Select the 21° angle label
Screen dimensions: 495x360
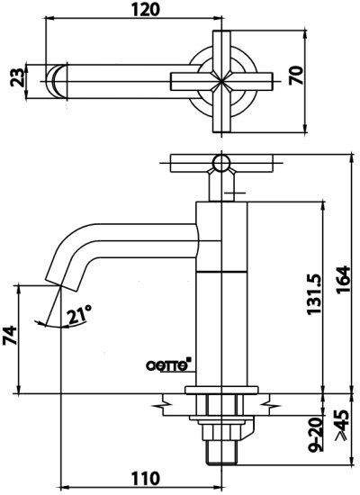coord(81,314)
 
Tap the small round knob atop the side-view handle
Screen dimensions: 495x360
coord(217,162)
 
